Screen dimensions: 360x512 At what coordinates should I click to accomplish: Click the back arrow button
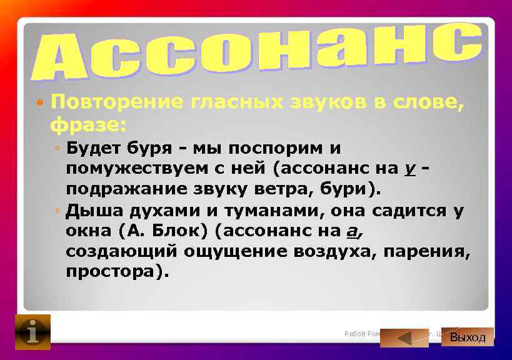click(404, 337)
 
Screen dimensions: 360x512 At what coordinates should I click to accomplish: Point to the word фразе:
click(88, 124)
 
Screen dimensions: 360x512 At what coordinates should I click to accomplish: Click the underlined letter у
click(410, 169)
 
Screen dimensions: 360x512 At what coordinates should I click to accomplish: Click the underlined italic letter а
click(352, 231)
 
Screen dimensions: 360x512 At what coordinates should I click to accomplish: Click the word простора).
click(118, 272)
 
